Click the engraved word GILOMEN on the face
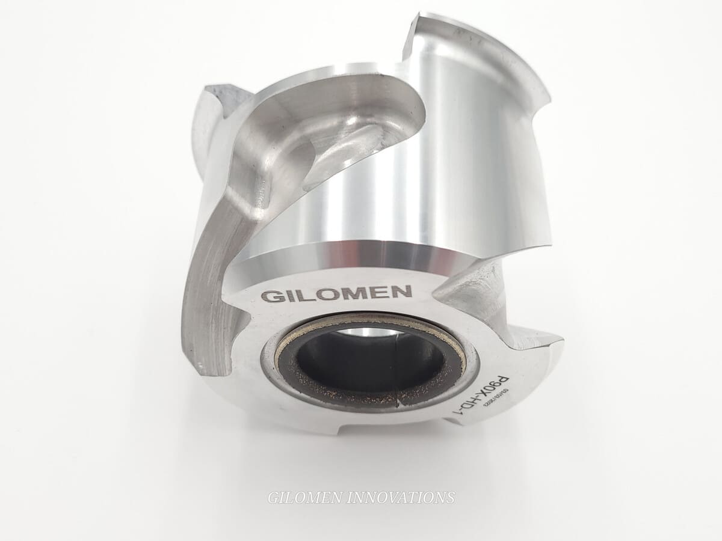point(337,294)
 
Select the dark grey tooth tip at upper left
point(221,96)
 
